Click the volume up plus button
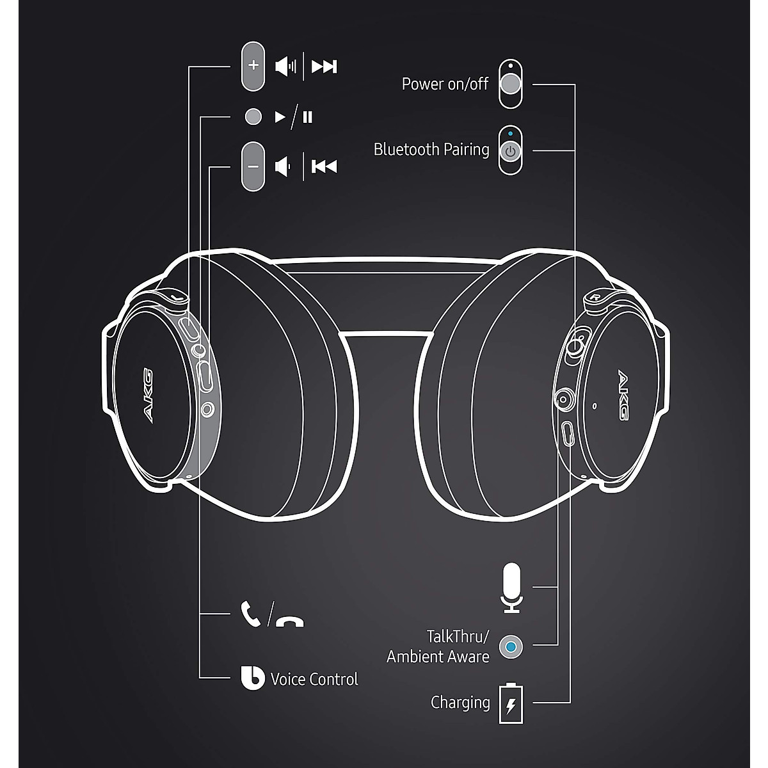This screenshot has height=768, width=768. click(x=253, y=66)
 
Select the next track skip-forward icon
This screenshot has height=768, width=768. click(x=324, y=66)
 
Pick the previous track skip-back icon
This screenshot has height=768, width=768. click(x=324, y=167)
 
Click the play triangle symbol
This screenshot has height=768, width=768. click(x=280, y=117)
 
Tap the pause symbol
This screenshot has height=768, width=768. click(x=308, y=117)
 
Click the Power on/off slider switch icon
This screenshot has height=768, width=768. click(x=510, y=84)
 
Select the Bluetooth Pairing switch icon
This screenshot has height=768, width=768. click(x=510, y=150)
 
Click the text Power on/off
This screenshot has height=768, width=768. click(x=445, y=84)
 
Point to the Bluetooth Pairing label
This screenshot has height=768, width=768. click(x=431, y=150)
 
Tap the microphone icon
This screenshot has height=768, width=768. click(x=511, y=587)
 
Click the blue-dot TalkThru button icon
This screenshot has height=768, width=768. click(x=510, y=646)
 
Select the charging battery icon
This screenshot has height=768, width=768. click(x=511, y=703)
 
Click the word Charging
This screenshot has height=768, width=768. click(x=460, y=703)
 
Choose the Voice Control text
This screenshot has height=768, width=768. click(x=314, y=679)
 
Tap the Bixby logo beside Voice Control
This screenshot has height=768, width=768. click(x=252, y=678)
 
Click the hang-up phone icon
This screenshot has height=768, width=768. click(x=290, y=621)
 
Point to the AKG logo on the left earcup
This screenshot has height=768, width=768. click(x=147, y=394)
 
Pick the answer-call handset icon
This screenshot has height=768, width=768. click(x=250, y=613)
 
